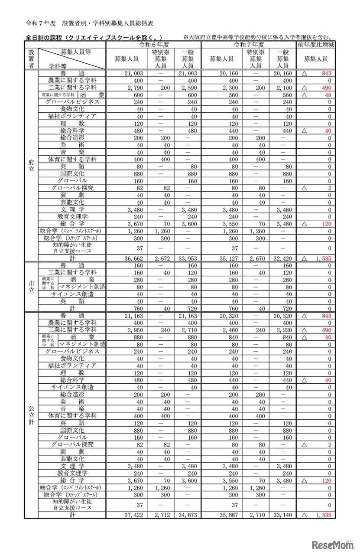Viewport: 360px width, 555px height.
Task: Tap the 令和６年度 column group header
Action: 153,45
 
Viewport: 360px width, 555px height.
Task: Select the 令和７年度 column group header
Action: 249,45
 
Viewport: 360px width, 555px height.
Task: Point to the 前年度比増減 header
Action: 316,45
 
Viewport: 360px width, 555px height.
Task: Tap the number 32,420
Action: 283,258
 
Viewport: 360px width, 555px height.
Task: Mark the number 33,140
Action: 283,515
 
